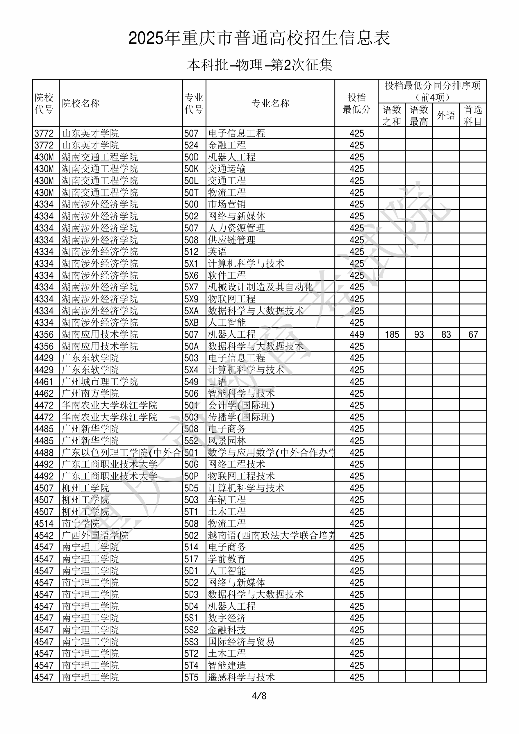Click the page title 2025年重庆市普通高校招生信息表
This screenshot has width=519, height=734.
point(259,38)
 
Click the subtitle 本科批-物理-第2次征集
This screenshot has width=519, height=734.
point(259,65)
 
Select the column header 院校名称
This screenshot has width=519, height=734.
point(81,103)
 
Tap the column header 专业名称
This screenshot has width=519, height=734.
point(270,103)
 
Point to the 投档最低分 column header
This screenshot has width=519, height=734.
point(356,103)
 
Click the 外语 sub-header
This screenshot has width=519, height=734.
point(446,115)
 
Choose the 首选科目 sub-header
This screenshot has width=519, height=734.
point(473,115)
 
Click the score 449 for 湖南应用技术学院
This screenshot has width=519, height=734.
point(357,334)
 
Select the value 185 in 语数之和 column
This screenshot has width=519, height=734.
point(392,334)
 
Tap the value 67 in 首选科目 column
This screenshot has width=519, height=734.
point(473,334)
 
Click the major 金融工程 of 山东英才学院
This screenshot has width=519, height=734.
point(227,145)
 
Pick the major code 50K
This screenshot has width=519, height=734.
point(191,169)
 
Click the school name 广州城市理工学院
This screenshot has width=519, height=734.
point(100,382)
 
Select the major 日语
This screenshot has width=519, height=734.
point(217,382)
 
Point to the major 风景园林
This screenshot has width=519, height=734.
point(227,441)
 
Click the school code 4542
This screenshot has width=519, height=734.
point(44,536)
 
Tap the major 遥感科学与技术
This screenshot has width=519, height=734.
point(241,677)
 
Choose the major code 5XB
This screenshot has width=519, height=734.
point(191,322)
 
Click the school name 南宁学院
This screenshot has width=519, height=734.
point(81,524)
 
